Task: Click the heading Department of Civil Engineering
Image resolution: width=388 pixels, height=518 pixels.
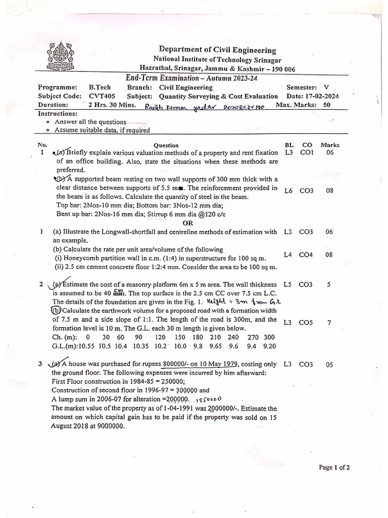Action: click(x=218, y=50)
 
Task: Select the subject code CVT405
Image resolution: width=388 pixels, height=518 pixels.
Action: click(x=103, y=96)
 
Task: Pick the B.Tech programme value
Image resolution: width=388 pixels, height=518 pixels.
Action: click(x=100, y=87)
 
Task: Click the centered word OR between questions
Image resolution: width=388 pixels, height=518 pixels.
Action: click(x=188, y=223)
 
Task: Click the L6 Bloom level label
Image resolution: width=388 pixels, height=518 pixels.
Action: click(x=288, y=191)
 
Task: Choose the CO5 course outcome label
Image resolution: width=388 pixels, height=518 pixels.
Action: click(x=306, y=323)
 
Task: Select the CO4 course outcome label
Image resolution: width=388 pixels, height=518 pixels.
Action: click(x=306, y=255)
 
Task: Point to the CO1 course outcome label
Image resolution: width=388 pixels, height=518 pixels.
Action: click(x=306, y=152)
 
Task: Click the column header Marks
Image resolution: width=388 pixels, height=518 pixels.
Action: click(x=330, y=145)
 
